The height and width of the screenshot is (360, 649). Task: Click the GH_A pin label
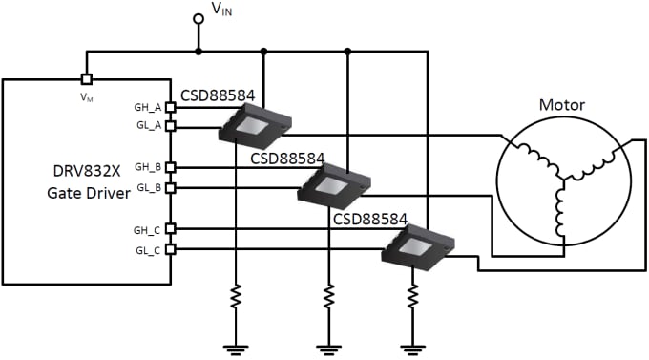click(148, 107)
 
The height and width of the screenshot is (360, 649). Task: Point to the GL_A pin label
click(148, 125)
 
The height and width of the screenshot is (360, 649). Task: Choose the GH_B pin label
click(148, 167)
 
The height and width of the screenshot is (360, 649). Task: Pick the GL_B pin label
click(148, 187)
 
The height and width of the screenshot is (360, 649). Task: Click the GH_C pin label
click(148, 229)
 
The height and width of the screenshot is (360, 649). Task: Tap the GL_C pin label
click(148, 250)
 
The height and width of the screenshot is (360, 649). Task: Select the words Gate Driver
click(87, 193)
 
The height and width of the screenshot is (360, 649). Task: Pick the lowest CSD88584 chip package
click(418, 245)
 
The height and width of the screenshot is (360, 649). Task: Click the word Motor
click(562, 105)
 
